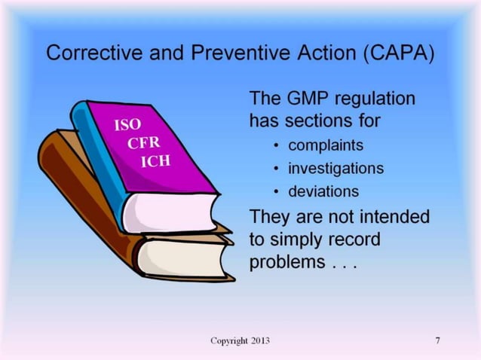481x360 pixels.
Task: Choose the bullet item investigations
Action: [339, 168]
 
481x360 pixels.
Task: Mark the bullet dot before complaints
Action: [278, 145]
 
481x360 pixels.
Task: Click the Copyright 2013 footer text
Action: [240, 341]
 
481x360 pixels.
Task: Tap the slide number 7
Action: [437, 341]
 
